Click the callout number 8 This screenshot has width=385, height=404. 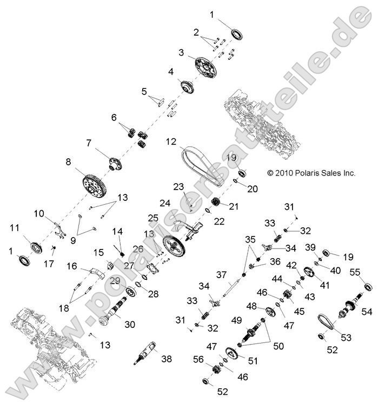[68, 161]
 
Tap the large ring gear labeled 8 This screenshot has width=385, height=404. [96, 186]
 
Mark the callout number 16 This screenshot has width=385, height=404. [71, 266]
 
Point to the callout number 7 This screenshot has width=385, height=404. [89, 143]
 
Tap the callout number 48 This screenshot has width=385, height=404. [252, 306]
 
